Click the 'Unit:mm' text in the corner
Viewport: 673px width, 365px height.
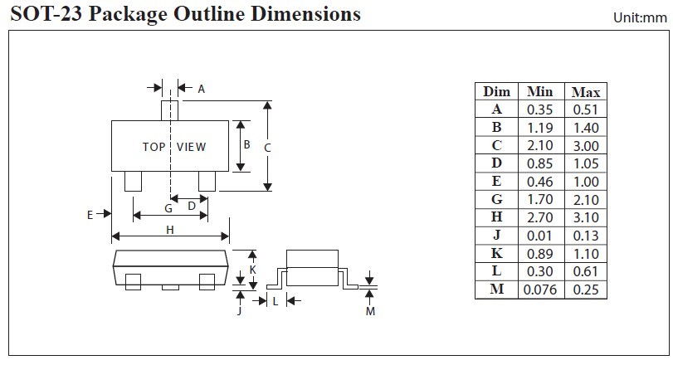pos(639,17)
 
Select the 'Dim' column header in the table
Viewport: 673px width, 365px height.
pos(496,91)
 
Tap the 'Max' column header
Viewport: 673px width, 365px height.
pos(585,91)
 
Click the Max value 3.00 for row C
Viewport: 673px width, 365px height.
pos(585,146)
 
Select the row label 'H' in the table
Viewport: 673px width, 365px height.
pos(496,217)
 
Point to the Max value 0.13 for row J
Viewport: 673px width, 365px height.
pos(585,236)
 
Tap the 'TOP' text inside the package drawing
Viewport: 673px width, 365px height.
pos(154,147)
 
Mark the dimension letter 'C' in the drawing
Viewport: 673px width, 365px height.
pos(267,147)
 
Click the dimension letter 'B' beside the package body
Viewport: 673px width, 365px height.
pos(246,144)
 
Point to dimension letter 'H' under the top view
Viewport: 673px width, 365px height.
pos(169,231)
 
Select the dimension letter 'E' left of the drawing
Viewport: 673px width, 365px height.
pos(90,214)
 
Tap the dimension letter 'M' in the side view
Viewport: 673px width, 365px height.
pos(370,311)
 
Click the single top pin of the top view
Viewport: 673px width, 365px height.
pos(170,109)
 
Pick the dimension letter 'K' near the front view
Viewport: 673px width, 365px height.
pos(253,270)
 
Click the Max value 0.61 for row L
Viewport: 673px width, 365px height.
pos(585,271)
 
